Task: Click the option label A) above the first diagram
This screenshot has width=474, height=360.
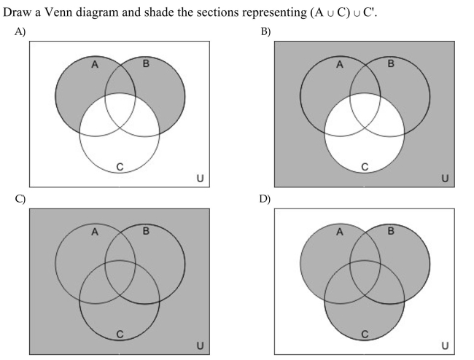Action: point(20,31)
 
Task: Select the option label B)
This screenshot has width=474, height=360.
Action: point(265,31)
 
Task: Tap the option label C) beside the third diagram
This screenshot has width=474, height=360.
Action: point(20,199)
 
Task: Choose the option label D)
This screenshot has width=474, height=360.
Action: point(265,199)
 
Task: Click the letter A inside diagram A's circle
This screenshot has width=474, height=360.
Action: point(95,64)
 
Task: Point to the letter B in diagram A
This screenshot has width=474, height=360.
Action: point(146,63)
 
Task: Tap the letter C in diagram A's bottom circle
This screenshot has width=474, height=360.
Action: point(120,167)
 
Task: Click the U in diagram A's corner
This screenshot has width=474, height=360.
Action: point(200,179)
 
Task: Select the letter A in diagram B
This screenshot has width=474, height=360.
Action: point(340,64)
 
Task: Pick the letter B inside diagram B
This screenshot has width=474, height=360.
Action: point(391,63)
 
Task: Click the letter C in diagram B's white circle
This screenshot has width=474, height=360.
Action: point(365,167)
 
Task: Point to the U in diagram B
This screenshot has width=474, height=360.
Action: point(445,179)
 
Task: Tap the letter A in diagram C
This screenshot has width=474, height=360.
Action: point(95,232)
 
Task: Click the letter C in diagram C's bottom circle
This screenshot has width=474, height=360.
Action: point(120,334)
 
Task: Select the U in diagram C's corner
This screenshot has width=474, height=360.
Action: point(200,345)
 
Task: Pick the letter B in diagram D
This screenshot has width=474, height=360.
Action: point(391,231)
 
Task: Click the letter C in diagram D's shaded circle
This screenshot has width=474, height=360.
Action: point(365,334)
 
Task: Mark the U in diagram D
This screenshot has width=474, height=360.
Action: point(445,345)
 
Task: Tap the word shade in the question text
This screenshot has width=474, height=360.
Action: point(159,12)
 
